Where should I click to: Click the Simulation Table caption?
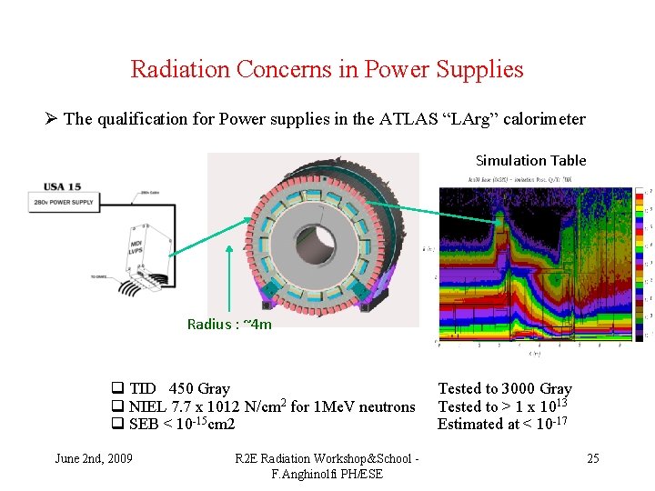click(530, 161)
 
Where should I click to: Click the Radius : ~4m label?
click(229, 324)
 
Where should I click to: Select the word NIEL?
click(146, 406)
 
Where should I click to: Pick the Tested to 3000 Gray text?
click(505, 389)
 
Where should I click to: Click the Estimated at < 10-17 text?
click(503, 424)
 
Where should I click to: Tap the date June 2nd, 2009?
click(94, 457)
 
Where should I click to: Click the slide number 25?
click(592, 457)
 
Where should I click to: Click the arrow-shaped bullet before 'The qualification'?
click(53, 119)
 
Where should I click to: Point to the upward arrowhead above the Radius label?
click(228, 248)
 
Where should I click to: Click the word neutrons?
click(386, 406)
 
